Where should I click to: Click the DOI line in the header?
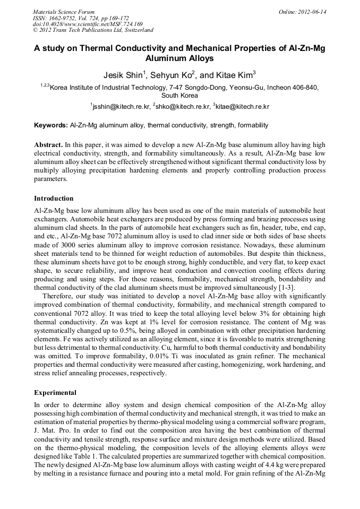tap(88, 24)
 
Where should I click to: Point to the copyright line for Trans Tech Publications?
tap(93, 30)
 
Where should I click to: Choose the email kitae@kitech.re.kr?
tap(242, 107)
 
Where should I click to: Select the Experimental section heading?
tap(55, 393)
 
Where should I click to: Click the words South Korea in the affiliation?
tap(179, 96)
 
